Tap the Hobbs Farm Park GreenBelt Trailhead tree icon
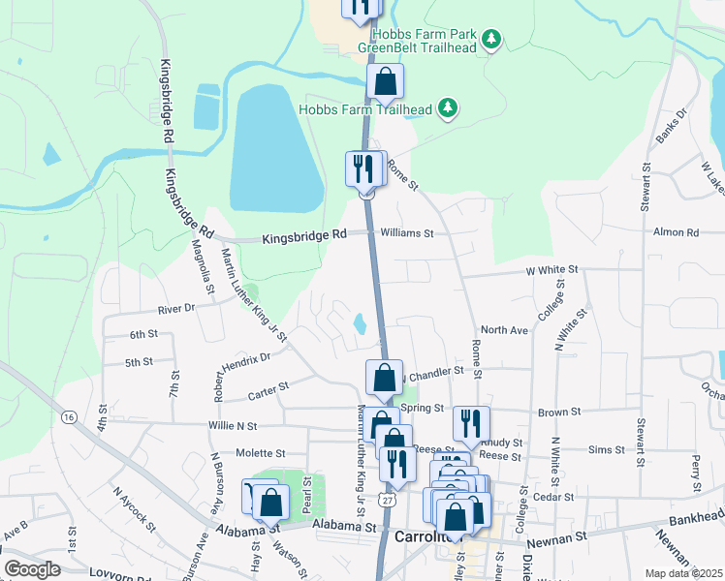pyautogui.click(x=493, y=39)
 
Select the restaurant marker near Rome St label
pyautogui.click(x=365, y=170)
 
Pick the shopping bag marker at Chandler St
pyautogui.click(x=384, y=378)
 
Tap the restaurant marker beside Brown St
pyautogui.click(x=471, y=423)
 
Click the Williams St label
pyautogui.click(x=406, y=233)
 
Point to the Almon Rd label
pyautogui.click(x=676, y=233)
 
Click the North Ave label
pyautogui.click(x=504, y=330)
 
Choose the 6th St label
pyautogui.click(x=143, y=334)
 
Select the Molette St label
pyautogui.click(x=261, y=452)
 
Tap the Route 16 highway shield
pyautogui.click(x=68, y=416)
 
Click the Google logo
pyautogui.click(x=32, y=568)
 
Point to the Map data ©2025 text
pyautogui.click(x=683, y=573)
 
